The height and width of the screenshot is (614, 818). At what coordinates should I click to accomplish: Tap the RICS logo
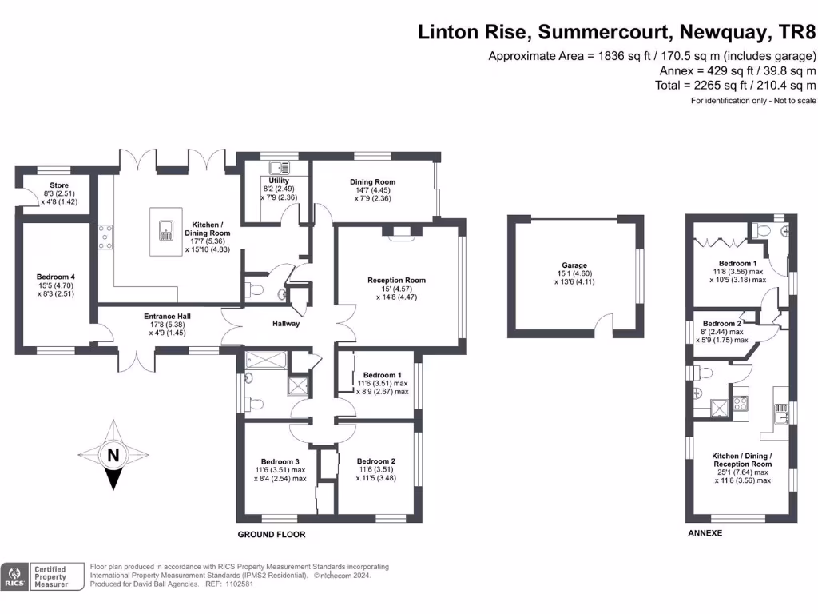tap(14, 577)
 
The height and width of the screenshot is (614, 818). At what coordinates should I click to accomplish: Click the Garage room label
tap(574, 265)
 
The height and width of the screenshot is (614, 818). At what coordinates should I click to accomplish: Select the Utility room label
tap(279, 181)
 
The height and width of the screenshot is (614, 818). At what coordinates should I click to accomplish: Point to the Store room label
tap(58, 185)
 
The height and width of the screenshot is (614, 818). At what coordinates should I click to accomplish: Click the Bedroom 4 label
tap(55, 277)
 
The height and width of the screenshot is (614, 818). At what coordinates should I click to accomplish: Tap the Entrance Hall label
tap(167, 316)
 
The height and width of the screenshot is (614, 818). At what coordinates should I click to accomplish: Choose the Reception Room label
tap(397, 280)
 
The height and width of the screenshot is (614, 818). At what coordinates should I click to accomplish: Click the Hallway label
tap(286, 324)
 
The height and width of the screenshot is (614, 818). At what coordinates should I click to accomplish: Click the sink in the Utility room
tap(280, 168)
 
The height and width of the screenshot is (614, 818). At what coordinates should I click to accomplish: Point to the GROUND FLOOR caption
tap(272, 535)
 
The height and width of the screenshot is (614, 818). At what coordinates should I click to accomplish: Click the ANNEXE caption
tap(705, 532)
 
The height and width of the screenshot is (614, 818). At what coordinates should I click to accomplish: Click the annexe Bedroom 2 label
tap(719, 323)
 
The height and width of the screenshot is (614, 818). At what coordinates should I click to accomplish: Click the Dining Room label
tap(372, 182)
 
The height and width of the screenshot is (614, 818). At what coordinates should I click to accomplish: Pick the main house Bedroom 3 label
tap(280, 461)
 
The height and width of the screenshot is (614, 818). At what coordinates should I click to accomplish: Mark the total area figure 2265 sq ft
tap(717, 85)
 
